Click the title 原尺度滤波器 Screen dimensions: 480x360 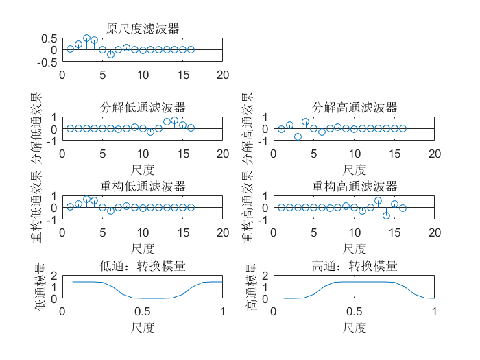tap(143, 29)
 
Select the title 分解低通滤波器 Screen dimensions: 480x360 tap(143, 108)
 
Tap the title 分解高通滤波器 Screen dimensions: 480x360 tap(355, 108)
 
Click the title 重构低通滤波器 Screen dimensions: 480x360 tap(143, 187)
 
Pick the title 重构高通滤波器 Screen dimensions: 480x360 tap(355, 187)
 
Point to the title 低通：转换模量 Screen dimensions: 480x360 tap(143, 266)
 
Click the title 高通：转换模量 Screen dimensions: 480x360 tap(355, 266)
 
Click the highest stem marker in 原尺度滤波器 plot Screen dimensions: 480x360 tap(86, 38)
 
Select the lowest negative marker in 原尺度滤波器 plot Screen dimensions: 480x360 tap(110, 54)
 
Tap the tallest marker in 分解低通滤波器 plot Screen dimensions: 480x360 tap(174, 120)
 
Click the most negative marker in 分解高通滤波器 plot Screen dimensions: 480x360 tap(298, 136)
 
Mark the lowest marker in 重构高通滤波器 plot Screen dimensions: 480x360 tap(386, 215)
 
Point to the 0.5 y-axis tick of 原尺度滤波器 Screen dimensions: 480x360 tap(49, 38)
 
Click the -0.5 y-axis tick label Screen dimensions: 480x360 tap(47, 62)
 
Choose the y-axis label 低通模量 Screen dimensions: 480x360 tap(40, 287)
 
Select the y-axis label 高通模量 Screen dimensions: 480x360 tap(252, 287)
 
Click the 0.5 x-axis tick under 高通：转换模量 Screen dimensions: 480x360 tap(355, 311)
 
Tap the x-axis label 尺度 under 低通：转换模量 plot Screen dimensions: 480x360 tap(143, 328)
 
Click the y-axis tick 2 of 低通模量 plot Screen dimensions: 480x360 tap(54, 276)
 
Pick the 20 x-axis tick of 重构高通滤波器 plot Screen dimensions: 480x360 tap(434, 232)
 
